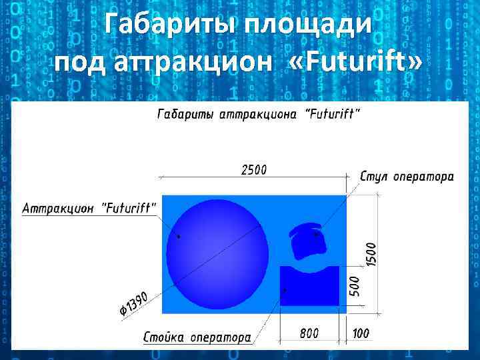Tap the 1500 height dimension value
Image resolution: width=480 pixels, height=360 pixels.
(371, 255)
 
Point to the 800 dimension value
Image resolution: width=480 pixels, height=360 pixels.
(309, 333)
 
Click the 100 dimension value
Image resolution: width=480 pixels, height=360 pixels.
(361, 333)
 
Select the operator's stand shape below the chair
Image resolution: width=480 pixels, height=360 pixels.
(309, 285)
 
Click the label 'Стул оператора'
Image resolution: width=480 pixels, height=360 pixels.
(407, 177)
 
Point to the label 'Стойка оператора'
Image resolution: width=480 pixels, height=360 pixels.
(197, 337)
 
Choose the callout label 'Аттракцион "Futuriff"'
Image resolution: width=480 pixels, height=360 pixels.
(90, 208)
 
